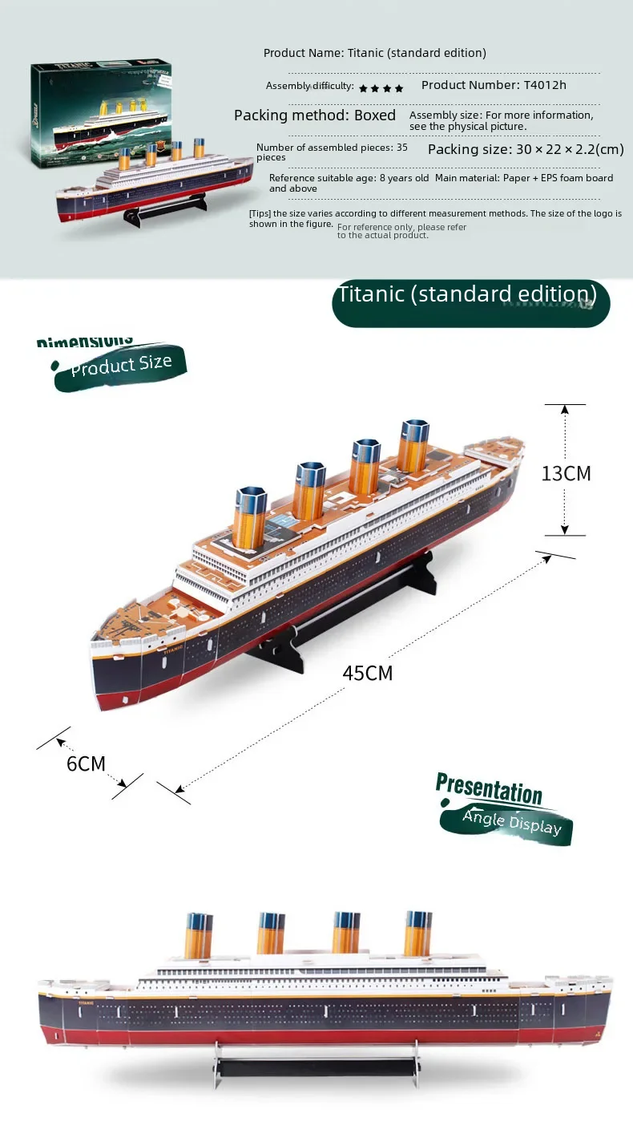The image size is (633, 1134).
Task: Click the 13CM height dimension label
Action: click(x=566, y=473)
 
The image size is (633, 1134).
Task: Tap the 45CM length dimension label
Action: click(x=368, y=673)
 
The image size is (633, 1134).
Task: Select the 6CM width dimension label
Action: click(x=86, y=763)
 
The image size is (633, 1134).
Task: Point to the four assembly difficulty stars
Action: click(x=381, y=87)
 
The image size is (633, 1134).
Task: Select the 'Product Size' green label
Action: click(x=120, y=367)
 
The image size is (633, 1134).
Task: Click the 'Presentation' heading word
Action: click(x=489, y=788)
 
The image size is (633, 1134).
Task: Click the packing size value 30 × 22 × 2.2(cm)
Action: click(x=526, y=149)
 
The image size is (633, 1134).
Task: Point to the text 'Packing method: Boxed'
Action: click(x=315, y=115)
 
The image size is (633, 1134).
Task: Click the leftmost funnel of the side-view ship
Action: click(x=197, y=934)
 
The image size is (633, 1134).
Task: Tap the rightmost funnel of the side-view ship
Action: click(x=417, y=933)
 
